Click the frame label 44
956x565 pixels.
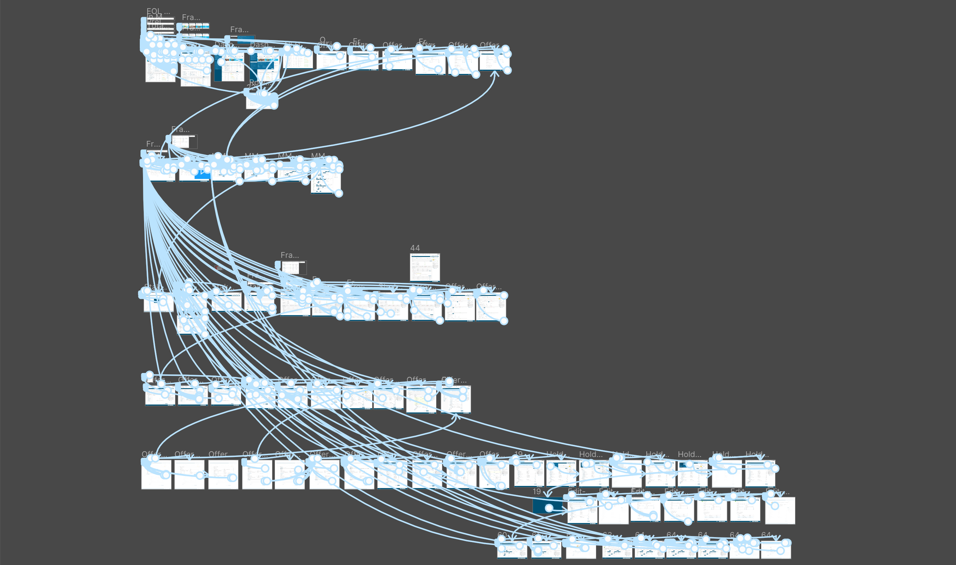pyautogui.click(x=415, y=248)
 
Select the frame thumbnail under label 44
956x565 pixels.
pyautogui.click(x=425, y=267)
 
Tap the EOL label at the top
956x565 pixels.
pyautogui.click(x=158, y=11)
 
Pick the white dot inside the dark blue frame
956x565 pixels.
pyautogui.click(x=549, y=508)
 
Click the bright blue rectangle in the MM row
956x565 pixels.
pyautogui.click(x=201, y=175)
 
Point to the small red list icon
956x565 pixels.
pyautogui.click(x=218, y=268)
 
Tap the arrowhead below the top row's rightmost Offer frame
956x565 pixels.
pyautogui.click(x=495, y=73)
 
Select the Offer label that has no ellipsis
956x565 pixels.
pyautogui.click(x=218, y=454)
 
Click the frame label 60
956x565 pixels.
pyautogui.click(x=502, y=535)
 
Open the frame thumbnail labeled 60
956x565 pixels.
pyautogui.click(x=512, y=549)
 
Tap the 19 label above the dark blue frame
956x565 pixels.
pyautogui.click(x=537, y=492)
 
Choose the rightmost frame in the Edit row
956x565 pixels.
pyautogui.click(x=780, y=511)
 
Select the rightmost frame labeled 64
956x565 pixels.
pyautogui.click(x=775, y=549)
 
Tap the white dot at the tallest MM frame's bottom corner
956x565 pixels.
pyautogui.click(x=339, y=193)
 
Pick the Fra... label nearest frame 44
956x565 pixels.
pyautogui.click(x=290, y=255)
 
